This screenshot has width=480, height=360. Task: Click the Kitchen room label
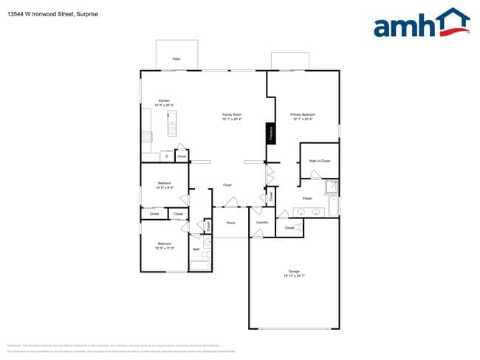point(164,100)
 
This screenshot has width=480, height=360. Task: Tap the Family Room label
point(233,114)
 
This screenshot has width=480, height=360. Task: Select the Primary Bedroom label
point(303,114)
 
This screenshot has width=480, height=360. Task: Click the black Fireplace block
point(271,134)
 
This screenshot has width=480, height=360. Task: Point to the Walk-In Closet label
point(319,160)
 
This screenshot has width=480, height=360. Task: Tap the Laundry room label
point(261,222)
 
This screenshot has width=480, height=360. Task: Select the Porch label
point(230,222)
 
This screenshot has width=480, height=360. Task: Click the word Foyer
point(228,184)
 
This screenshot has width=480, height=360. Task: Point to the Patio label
point(176,58)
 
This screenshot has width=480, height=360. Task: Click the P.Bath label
point(307,199)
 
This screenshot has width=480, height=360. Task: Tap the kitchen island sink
point(172,128)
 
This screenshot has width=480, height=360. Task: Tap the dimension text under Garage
point(294,276)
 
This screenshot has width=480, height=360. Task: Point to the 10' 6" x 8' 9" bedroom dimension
point(164,187)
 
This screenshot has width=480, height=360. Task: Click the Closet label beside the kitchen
point(182,156)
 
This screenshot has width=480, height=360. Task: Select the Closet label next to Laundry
point(289,228)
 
